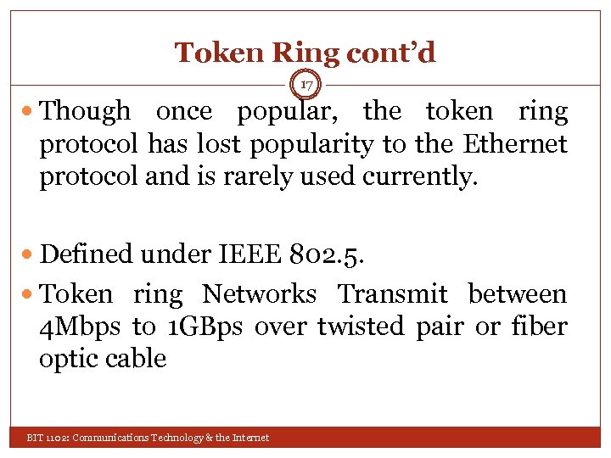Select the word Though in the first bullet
[x=86, y=111]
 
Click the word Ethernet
[x=515, y=145]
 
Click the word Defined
[x=87, y=254]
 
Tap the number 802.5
[x=334, y=254]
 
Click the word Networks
[x=259, y=294]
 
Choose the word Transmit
[x=392, y=294]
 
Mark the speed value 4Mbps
[x=82, y=327]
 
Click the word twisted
[x=362, y=327]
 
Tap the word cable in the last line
[x=135, y=359]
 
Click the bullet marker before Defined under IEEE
[x=31, y=254]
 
